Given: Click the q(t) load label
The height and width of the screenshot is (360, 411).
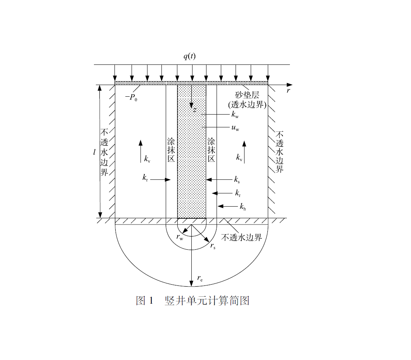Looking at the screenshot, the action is pyautogui.click(x=189, y=56).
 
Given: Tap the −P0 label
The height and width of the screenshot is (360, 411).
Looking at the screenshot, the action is pyautogui.click(x=131, y=98).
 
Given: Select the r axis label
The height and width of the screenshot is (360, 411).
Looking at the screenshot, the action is pyautogui.click(x=288, y=91).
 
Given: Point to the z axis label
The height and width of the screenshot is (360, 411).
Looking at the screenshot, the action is pyautogui.click(x=195, y=110).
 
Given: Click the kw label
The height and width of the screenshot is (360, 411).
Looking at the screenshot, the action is pyautogui.click(x=235, y=115).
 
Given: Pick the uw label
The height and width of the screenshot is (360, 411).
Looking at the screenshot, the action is pyautogui.click(x=235, y=128).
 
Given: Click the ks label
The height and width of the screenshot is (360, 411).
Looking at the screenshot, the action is pyautogui.click(x=237, y=179).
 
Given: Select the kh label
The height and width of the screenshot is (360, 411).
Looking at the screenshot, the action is pyautogui.click(x=243, y=207).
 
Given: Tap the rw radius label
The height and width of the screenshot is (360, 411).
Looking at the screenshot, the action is pyautogui.click(x=180, y=237).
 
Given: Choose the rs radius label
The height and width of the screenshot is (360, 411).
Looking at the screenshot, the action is pyautogui.click(x=213, y=246).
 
